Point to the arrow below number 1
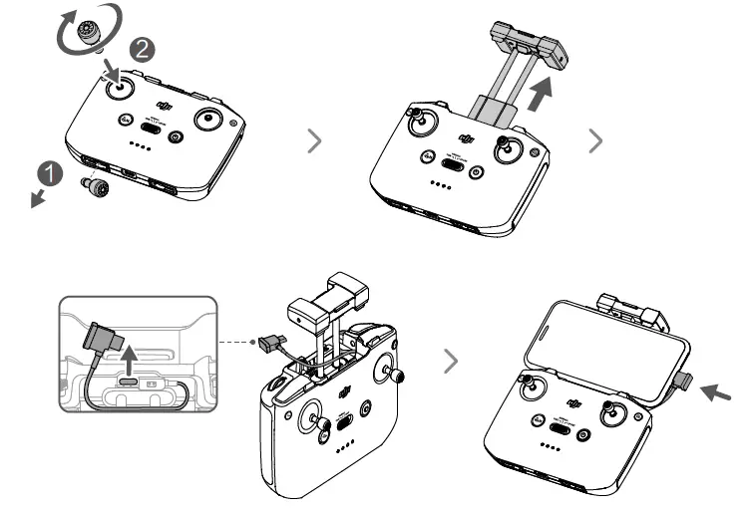tap(38, 198)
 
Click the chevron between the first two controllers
tap(315, 140)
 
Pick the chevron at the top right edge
tap(596, 140)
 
